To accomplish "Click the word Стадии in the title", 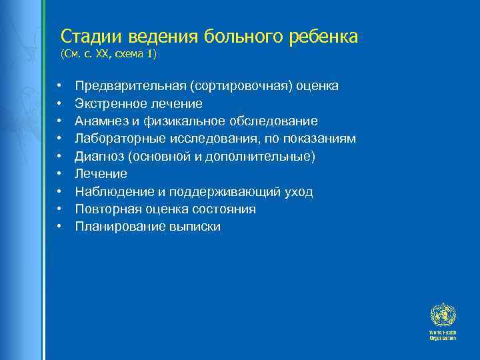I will click(83, 36).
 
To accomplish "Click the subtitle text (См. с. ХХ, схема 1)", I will click(108, 54).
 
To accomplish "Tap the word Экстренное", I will click(110, 104).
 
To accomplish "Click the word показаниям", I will click(321, 139).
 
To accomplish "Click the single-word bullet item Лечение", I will click(101, 174).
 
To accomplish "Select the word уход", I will click(299, 192).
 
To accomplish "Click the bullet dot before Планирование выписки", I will click(59, 227).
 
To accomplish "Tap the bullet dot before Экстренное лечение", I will click(59, 104).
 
